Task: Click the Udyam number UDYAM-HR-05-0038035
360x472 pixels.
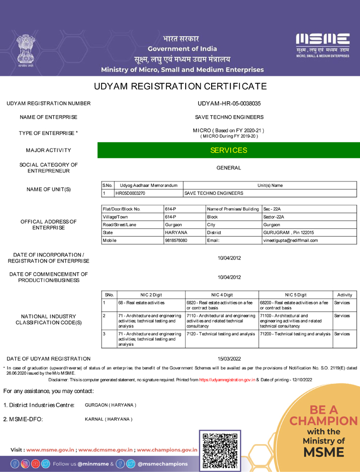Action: [229, 104]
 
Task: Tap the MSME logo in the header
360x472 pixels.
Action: [323, 45]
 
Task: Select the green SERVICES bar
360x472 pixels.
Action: [229, 150]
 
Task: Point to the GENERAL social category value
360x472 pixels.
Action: [229, 168]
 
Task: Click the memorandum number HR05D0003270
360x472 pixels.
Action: [130, 193]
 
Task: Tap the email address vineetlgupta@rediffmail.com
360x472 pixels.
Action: [290, 240]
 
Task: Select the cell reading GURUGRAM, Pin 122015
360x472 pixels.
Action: [288, 232]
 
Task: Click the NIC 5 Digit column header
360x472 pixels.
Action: [295, 295]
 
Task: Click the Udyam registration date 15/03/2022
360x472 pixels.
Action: [229, 358]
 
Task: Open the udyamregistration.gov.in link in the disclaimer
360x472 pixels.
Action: [227, 380]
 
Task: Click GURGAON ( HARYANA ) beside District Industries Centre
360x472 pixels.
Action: [111, 405]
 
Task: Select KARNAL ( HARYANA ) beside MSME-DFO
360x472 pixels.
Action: [109, 419]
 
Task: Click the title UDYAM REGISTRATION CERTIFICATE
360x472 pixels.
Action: [180, 86]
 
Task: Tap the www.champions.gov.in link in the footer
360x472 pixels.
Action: [167, 450]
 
